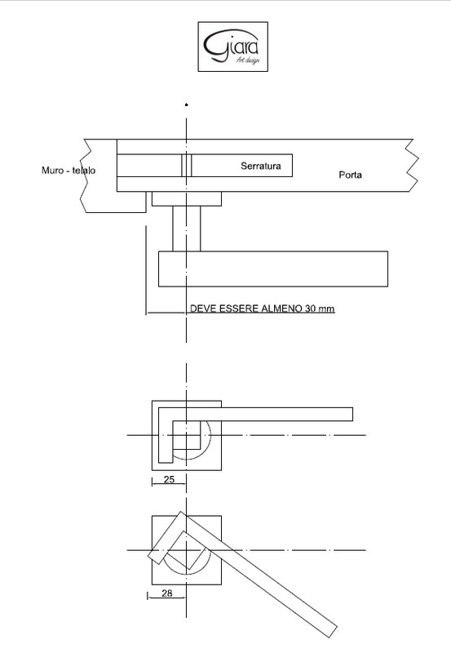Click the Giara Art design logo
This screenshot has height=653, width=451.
click(x=232, y=47)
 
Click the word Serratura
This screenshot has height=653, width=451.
click(x=261, y=166)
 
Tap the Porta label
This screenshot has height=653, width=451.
click(x=350, y=175)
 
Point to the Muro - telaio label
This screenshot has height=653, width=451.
click(x=69, y=171)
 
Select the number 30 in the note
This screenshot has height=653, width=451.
click(x=311, y=309)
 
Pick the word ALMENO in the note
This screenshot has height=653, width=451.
click(x=281, y=309)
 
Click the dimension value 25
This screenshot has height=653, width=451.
click(x=169, y=479)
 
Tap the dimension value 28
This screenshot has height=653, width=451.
click(x=167, y=593)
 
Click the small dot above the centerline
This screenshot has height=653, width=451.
click(x=187, y=105)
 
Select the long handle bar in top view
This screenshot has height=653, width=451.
click(x=273, y=269)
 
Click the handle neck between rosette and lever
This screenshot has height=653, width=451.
click(x=187, y=229)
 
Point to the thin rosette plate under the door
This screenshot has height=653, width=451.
click(x=187, y=198)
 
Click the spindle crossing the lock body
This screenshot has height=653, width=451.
click(x=187, y=166)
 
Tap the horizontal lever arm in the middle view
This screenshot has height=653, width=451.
click(x=262, y=415)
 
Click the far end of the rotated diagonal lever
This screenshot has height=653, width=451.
click(x=332, y=631)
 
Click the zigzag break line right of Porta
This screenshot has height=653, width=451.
click(x=412, y=166)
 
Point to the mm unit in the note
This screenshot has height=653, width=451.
click(x=326, y=309)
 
